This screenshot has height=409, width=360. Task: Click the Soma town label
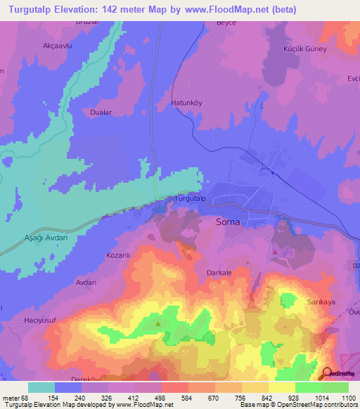pos(227,222)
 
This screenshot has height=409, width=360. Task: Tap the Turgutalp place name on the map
pos(190,199)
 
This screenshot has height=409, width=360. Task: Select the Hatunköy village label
pos(187,103)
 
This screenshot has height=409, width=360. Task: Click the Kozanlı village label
pos(119,255)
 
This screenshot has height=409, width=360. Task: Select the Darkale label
pos(219,266)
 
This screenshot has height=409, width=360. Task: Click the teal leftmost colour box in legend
pos(41,387)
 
